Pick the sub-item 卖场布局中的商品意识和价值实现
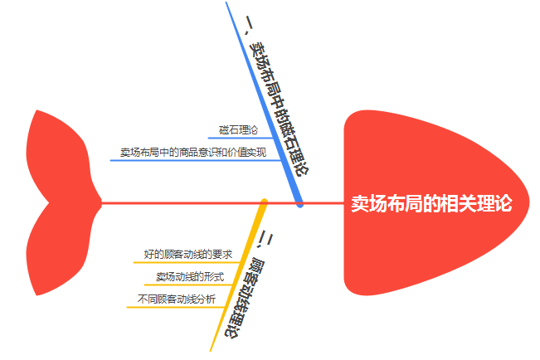point(192,153)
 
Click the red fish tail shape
point(58,202)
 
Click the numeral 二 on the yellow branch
point(267,239)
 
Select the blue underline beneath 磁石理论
point(236,138)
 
